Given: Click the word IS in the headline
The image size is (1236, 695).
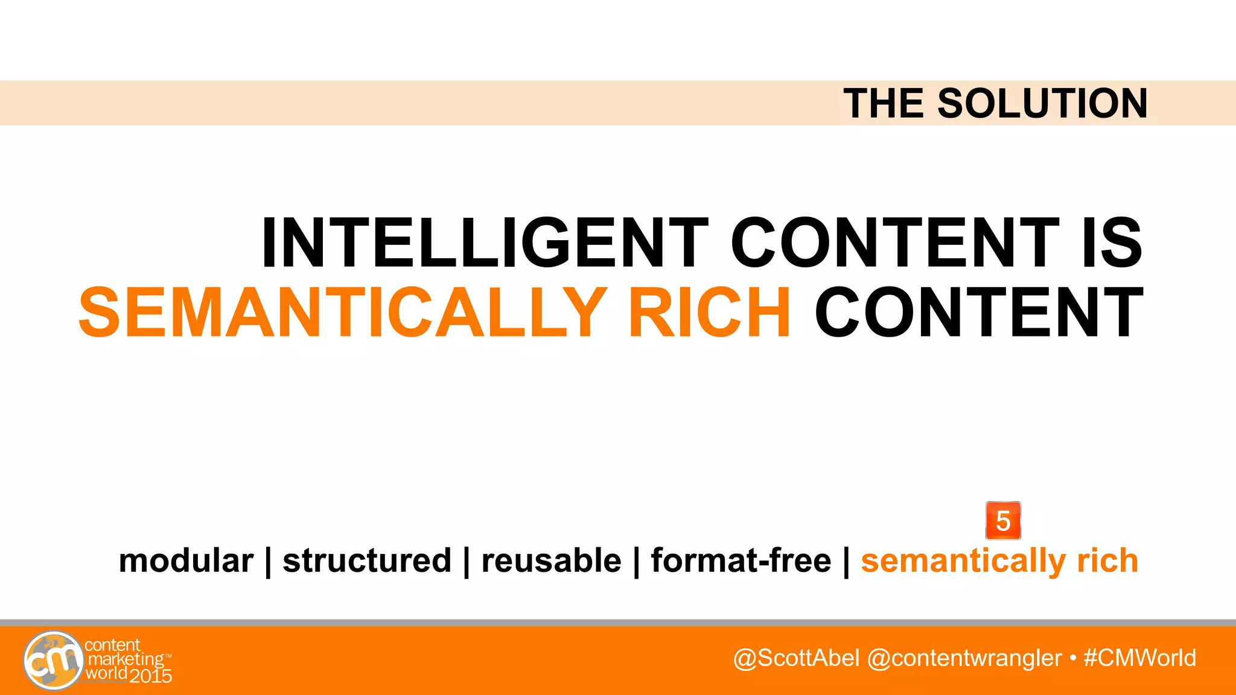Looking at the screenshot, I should pyautogui.click(x=1112, y=243).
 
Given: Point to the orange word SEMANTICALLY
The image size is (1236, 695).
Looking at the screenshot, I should pyautogui.click(x=343, y=313).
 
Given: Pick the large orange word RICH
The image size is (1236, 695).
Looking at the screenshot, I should pyautogui.click(x=709, y=313).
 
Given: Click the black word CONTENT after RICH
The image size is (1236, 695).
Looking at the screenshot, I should pyautogui.click(x=979, y=313).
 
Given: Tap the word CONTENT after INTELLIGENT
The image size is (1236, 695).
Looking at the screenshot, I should pyautogui.click(x=895, y=243).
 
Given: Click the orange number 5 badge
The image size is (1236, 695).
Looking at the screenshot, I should pyautogui.click(x=1003, y=521).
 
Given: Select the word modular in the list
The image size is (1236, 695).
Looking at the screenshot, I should pyautogui.click(x=186, y=560).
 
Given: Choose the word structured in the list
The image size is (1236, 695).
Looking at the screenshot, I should pyautogui.click(x=367, y=560).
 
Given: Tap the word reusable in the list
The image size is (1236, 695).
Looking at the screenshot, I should pyautogui.click(x=551, y=560).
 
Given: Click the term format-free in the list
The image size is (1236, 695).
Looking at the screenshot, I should pyautogui.click(x=741, y=560).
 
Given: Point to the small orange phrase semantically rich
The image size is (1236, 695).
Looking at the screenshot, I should pyautogui.click(x=999, y=560).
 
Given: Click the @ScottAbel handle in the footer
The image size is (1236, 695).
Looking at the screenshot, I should pyautogui.click(x=796, y=658).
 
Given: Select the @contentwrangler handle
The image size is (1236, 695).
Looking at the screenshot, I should pyautogui.click(x=964, y=658).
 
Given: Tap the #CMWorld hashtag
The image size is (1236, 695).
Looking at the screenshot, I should pyautogui.click(x=1139, y=658).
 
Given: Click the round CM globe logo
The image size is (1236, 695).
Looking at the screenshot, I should pyautogui.click(x=54, y=661).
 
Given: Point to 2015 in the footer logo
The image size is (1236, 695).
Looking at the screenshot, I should pyautogui.click(x=151, y=676).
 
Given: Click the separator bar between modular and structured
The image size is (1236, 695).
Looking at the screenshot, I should pyautogui.click(x=268, y=562).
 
